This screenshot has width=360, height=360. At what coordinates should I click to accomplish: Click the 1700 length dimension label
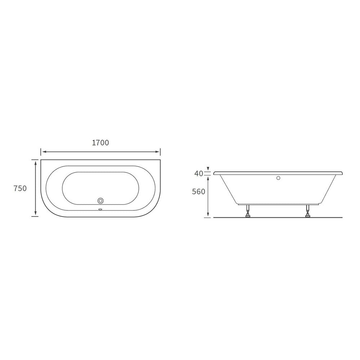click(x=100, y=143)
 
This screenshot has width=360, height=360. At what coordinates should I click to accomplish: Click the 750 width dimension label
click(x=20, y=188)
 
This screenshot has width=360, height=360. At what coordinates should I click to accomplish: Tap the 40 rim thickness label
click(x=199, y=174)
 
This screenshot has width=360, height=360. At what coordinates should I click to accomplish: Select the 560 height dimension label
click(x=199, y=191)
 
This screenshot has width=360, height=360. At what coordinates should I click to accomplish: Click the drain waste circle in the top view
click(x=100, y=201)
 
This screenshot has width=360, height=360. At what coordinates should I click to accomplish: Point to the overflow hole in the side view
click(x=278, y=178)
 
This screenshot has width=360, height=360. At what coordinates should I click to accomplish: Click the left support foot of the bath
click(x=248, y=211)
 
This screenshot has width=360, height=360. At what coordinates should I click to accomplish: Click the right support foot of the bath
click(x=308, y=211)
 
